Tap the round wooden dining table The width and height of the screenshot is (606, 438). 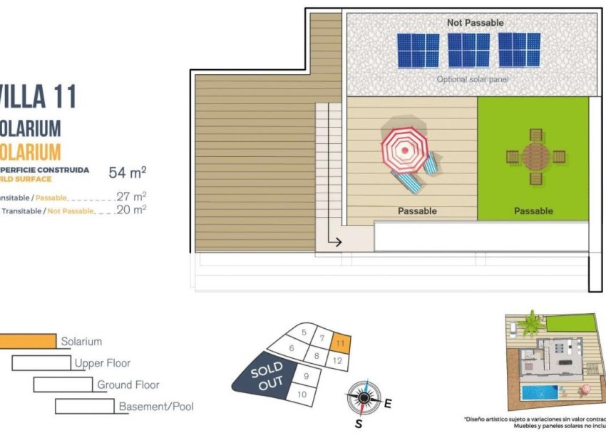click(x=535, y=156)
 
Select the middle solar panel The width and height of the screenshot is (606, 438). click(x=468, y=50)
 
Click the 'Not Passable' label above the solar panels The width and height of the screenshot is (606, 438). click(x=475, y=23)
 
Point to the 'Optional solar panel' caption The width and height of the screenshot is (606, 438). click(x=473, y=79)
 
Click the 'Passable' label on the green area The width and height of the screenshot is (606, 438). click(x=533, y=211)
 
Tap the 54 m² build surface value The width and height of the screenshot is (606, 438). click(x=128, y=172)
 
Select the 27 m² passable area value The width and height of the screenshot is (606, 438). click(x=131, y=196)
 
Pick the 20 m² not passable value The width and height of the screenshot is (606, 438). click(x=131, y=210)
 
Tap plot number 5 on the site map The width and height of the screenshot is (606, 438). click(x=304, y=332)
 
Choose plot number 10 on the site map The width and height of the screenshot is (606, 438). click(x=302, y=394)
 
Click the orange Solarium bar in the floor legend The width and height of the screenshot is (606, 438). click(x=27, y=342)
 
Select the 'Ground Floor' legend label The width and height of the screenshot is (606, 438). click(x=128, y=385)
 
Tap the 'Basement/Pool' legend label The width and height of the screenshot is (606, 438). click(x=156, y=407)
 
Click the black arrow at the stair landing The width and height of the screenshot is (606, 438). click(x=335, y=242)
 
